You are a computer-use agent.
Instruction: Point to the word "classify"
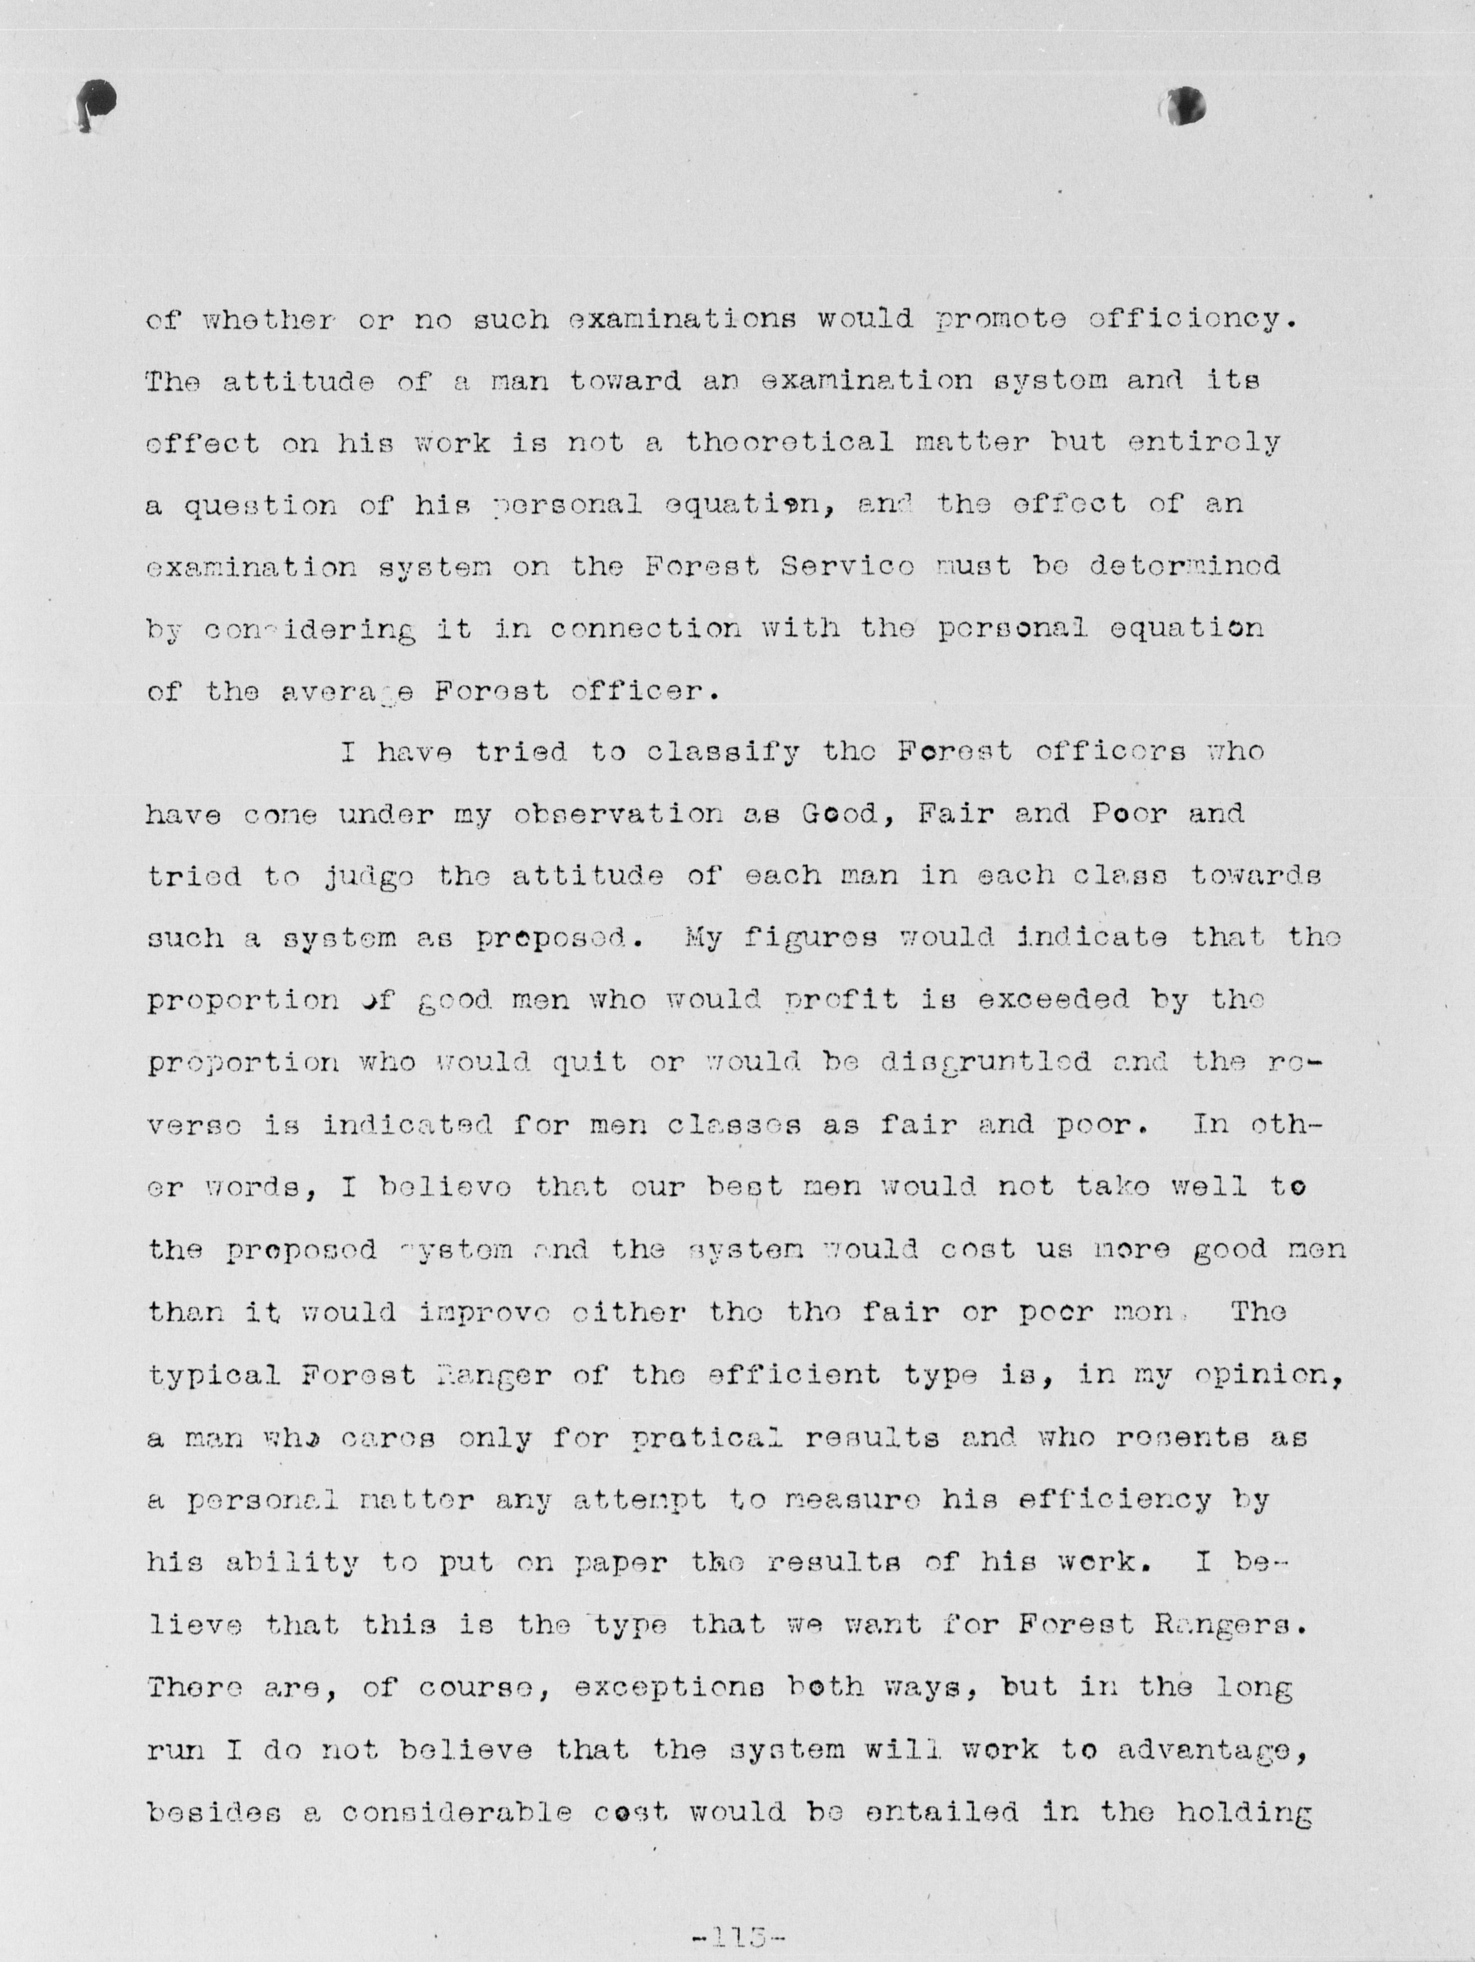pyautogui.click(x=723, y=753)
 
